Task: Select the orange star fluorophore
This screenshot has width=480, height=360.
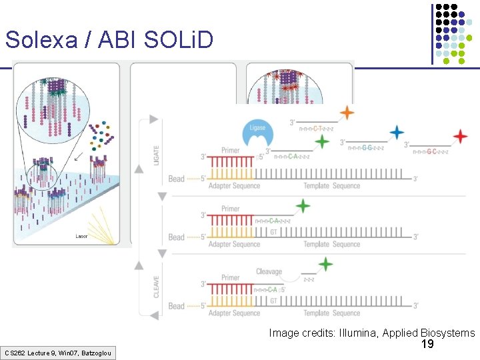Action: pyautogui.click(x=347, y=113)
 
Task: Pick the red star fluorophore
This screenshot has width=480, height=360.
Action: pyautogui.click(x=460, y=137)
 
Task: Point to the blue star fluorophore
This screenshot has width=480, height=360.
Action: pyautogui.click(x=397, y=132)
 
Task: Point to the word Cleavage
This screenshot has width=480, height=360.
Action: pyautogui.click(x=269, y=271)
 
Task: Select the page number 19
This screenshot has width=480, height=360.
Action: pyautogui.click(x=427, y=344)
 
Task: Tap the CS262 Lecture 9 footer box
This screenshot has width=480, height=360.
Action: pyautogui.click(x=58, y=352)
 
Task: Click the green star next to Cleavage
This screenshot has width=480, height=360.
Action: pyautogui.click(x=325, y=265)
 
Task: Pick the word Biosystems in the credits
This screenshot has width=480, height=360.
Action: pyautogui.click(x=448, y=333)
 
